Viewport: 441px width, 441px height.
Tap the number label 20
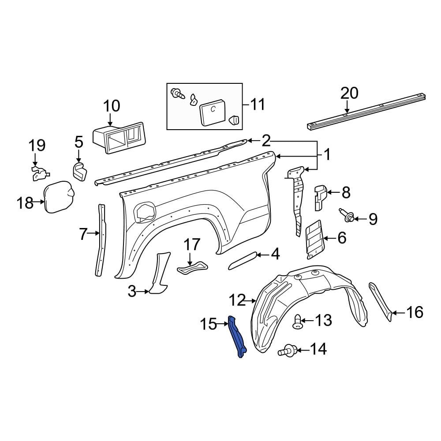[349, 93]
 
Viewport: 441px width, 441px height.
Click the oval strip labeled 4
[242, 260]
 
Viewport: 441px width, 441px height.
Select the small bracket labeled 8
[320, 198]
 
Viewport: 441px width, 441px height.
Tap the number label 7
[84, 235]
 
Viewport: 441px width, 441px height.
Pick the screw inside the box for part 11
[178, 93]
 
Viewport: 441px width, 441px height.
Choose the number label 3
[132, 292]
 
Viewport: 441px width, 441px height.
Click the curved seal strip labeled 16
[379, 300]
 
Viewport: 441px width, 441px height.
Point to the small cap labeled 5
[80, 171]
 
